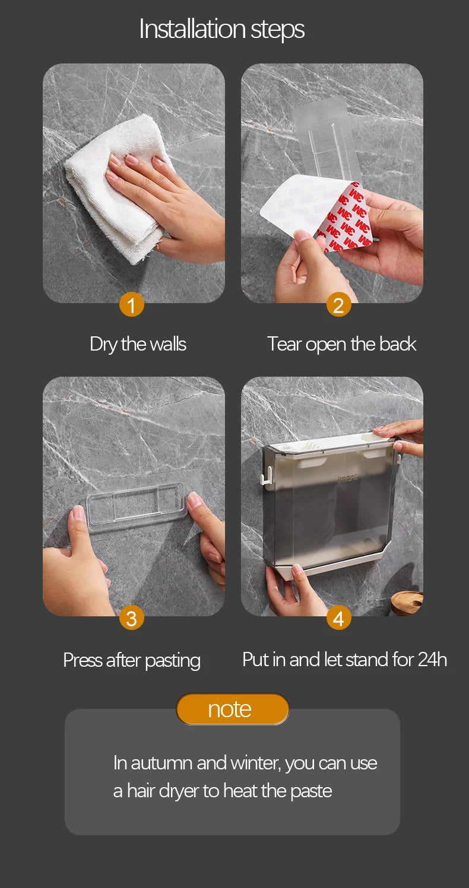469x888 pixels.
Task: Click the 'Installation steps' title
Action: click(222, 30)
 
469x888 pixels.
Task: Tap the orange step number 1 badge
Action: click(131, 305)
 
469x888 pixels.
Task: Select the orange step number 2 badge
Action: click(338, 305)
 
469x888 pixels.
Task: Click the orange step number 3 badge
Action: click(131, 618)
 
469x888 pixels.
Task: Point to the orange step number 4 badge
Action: click(338, 618)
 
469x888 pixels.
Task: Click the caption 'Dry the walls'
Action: click(138, 344)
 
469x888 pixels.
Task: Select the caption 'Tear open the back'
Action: click(341, 344)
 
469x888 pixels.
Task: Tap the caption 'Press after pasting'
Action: click(132, 661)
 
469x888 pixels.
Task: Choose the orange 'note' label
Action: click(232, 709)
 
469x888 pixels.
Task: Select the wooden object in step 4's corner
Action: click(407, 602)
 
